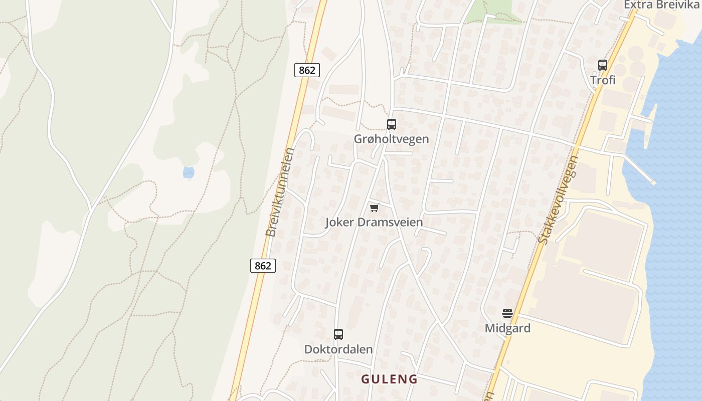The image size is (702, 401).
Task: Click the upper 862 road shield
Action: pos(307,70)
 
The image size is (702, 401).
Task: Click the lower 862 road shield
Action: pos(263,266)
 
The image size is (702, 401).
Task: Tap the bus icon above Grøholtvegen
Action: pos(392,124)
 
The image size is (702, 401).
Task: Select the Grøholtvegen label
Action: pos(392,139)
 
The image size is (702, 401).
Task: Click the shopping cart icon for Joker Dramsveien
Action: pos(374,208)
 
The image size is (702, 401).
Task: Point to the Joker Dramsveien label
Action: pos(374,222)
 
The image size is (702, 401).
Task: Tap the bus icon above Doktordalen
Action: pos(338,334)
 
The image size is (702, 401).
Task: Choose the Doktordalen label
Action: pos(338,349)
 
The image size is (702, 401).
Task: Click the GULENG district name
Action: pos(389,379)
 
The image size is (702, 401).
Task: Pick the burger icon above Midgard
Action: pos(507,314)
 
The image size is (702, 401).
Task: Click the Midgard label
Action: pos(507,328)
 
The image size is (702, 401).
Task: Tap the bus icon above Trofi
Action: pos(603,65)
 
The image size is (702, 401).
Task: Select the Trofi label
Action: pos(603,80)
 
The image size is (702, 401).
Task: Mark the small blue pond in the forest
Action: pos(189,173)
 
